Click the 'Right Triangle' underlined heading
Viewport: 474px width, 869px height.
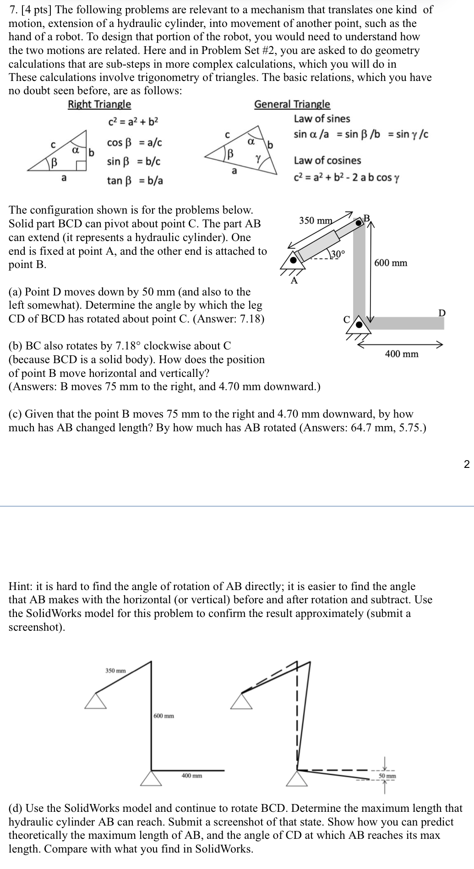click(99, 104)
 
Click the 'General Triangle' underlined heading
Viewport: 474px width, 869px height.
click(292, 104)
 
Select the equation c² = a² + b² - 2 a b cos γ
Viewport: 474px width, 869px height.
click(346, 177)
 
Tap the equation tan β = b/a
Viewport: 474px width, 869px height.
click(135, 180)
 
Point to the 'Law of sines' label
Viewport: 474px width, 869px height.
click(321, 119)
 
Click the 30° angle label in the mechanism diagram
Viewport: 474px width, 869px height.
click(338, 254)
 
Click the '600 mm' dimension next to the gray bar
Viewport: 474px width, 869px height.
click(391, 263)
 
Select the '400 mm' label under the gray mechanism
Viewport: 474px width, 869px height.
click(402, 354)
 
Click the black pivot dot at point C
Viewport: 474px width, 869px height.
click(360, 325)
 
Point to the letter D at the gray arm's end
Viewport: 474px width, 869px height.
click(441, 313)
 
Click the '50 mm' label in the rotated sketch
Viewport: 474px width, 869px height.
click(387, 776)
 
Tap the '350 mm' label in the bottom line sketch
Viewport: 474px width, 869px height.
click(115, 671)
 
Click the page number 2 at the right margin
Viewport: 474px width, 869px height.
click(466, 465)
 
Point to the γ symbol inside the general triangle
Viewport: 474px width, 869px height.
click(259, 158)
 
